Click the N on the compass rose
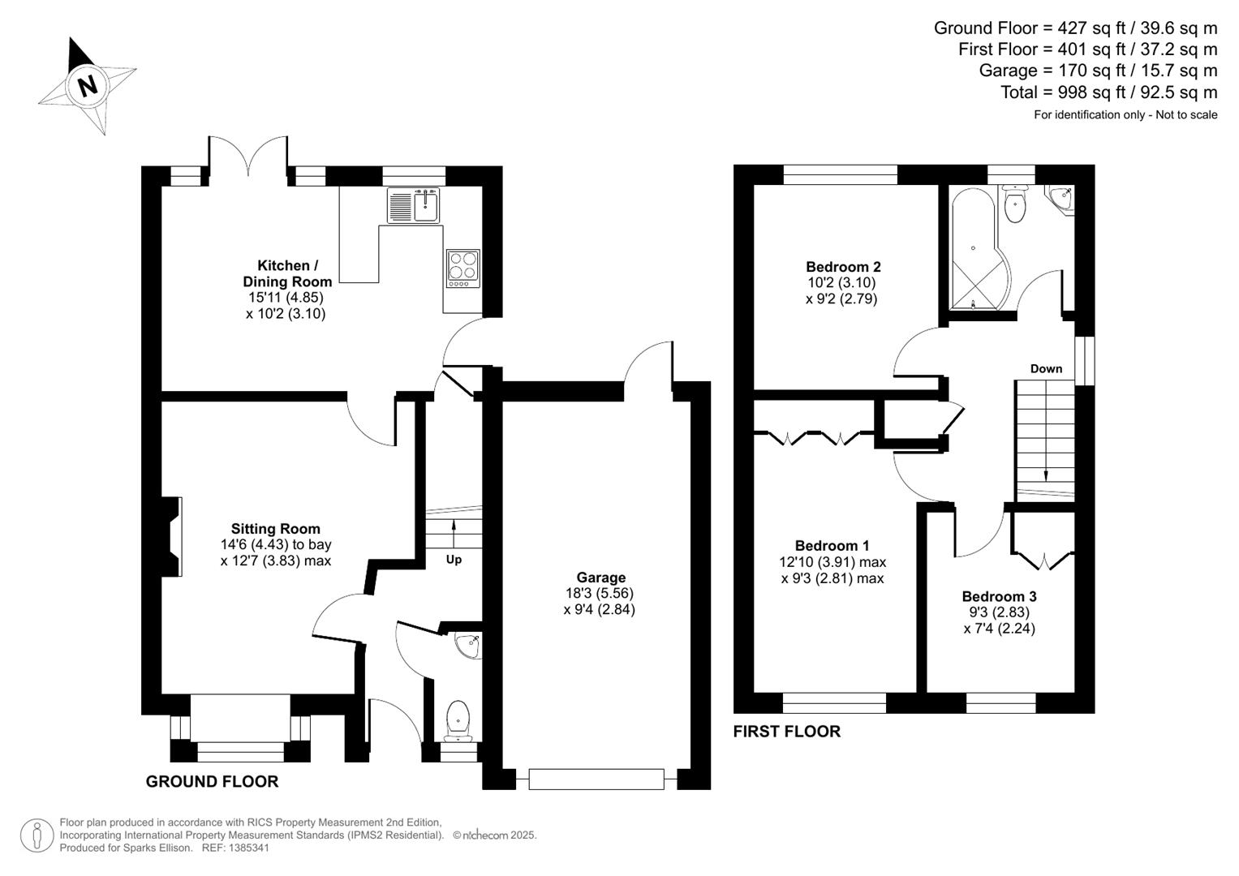pos(87,85)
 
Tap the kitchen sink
pos(414,205)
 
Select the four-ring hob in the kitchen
pos(462,268)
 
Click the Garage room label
pos(600,578)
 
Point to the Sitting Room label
pos(275,529)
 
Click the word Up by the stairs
pos(454,560)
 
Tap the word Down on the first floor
pos(1046,368)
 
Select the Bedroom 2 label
pos(843,267)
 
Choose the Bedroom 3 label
pos(999,596)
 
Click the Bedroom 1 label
pos(832,546)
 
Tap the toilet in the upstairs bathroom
pos(1015,204)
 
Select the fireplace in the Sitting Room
pos(171,537)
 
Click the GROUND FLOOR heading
pos(212,781)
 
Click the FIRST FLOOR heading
pos(786,732)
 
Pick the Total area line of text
pos(1108,92)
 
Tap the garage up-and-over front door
pos(596,779)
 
